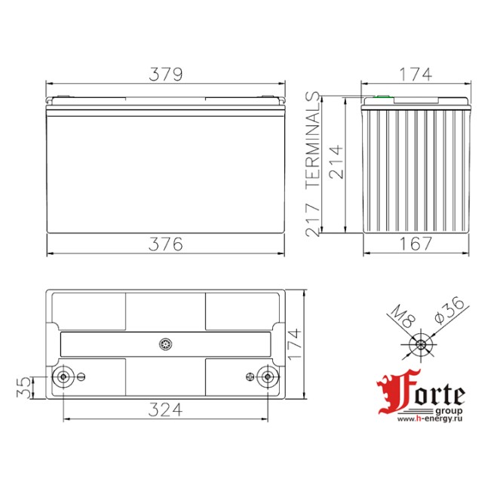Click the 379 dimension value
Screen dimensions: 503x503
click(166, 74)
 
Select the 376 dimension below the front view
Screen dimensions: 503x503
click(166, 244)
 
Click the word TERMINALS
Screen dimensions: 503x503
click(314, 140)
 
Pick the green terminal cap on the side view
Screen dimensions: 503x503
click(382, 97)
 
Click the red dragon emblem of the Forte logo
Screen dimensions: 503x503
click(391, 393)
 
